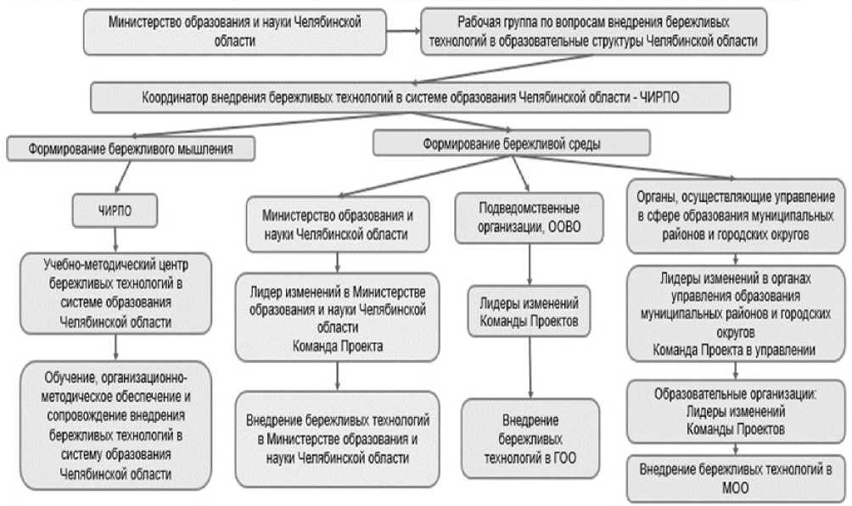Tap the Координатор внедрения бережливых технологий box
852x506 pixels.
(411, 97)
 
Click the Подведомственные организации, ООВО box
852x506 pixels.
(530, 220)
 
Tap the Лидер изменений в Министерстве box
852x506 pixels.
(338, 312)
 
